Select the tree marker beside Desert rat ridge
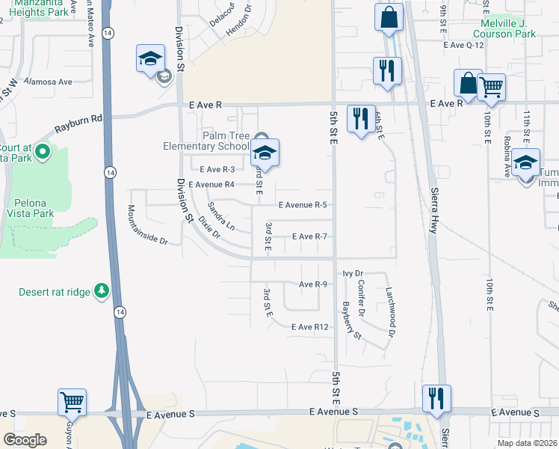pos(102,290)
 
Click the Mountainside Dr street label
pos(147,225)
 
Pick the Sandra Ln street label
pos(221,216)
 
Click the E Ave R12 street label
pos(310,327)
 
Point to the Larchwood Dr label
pos(390,311)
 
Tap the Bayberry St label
pos(351,319)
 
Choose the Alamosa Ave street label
pos(47,81)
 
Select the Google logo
pos(25,440)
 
